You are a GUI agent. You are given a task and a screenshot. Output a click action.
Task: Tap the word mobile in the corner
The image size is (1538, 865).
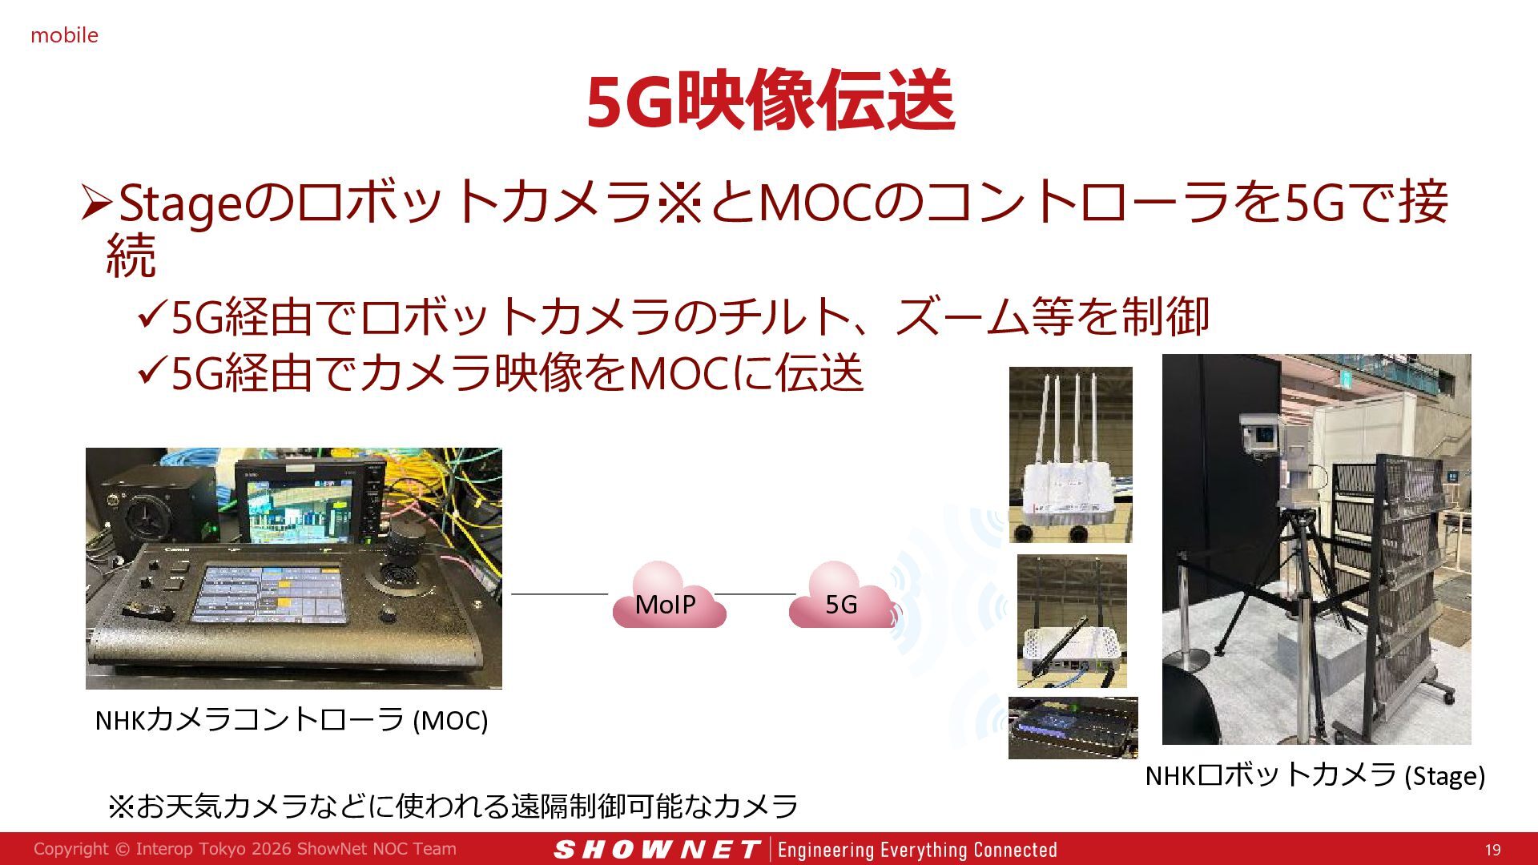[x=64, y=35]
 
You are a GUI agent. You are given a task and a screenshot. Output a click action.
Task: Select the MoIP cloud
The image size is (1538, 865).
[x=669, y=594]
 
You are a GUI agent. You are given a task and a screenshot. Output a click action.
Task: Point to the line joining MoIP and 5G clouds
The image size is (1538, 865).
[x=755, y=594]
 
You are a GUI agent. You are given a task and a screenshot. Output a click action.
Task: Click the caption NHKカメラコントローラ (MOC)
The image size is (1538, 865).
[x=292, y=720]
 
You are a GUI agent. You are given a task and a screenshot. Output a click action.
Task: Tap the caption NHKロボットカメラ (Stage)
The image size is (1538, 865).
[x=1315, y=775]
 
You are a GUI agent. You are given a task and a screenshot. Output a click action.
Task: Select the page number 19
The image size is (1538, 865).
[x=1492, y=850]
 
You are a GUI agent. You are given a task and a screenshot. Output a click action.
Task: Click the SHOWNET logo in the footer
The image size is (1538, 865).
[x=656, y=850]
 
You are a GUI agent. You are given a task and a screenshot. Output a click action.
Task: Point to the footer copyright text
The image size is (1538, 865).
[x=245, y=849]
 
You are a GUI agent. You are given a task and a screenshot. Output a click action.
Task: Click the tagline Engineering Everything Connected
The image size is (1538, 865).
[x=917, y=850]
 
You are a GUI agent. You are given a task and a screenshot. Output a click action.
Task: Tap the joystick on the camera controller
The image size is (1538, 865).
[x=401, y=553]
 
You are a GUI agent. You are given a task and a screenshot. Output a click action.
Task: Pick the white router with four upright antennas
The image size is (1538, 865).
[x=1070, y=455]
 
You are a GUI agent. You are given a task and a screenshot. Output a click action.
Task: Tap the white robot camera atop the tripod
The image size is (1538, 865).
[x=1262, y=437]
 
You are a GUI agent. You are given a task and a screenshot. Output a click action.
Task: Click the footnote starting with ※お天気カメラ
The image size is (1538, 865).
[x=453, y=805]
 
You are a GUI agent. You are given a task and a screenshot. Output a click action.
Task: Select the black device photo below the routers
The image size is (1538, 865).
[x=1073, y=727]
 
